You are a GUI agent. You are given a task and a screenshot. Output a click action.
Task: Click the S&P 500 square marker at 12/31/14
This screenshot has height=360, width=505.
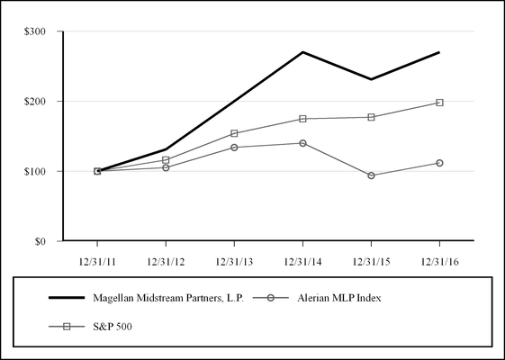pyautogui.click(x=302, y=119)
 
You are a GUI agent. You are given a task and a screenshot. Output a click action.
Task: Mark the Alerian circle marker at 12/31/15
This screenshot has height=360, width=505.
pyautogui.click(x=371, y=175)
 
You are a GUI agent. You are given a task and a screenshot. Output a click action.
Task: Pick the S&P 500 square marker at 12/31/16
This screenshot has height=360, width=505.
pyautogui.click(x=439, y=103)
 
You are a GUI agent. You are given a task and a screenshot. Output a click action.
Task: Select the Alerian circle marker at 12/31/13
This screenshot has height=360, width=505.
pyautogui.click(x=234, y=148)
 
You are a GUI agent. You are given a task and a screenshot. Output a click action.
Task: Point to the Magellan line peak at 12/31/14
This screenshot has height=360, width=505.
pyautogui.click(x=302, y=52)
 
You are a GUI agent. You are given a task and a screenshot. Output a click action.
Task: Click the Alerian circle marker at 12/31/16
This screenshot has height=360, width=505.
pyautogui.click(x=439, y=163)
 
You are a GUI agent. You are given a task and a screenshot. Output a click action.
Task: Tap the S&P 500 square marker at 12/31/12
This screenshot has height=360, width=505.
pyautogui.click(x=166, y=160)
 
